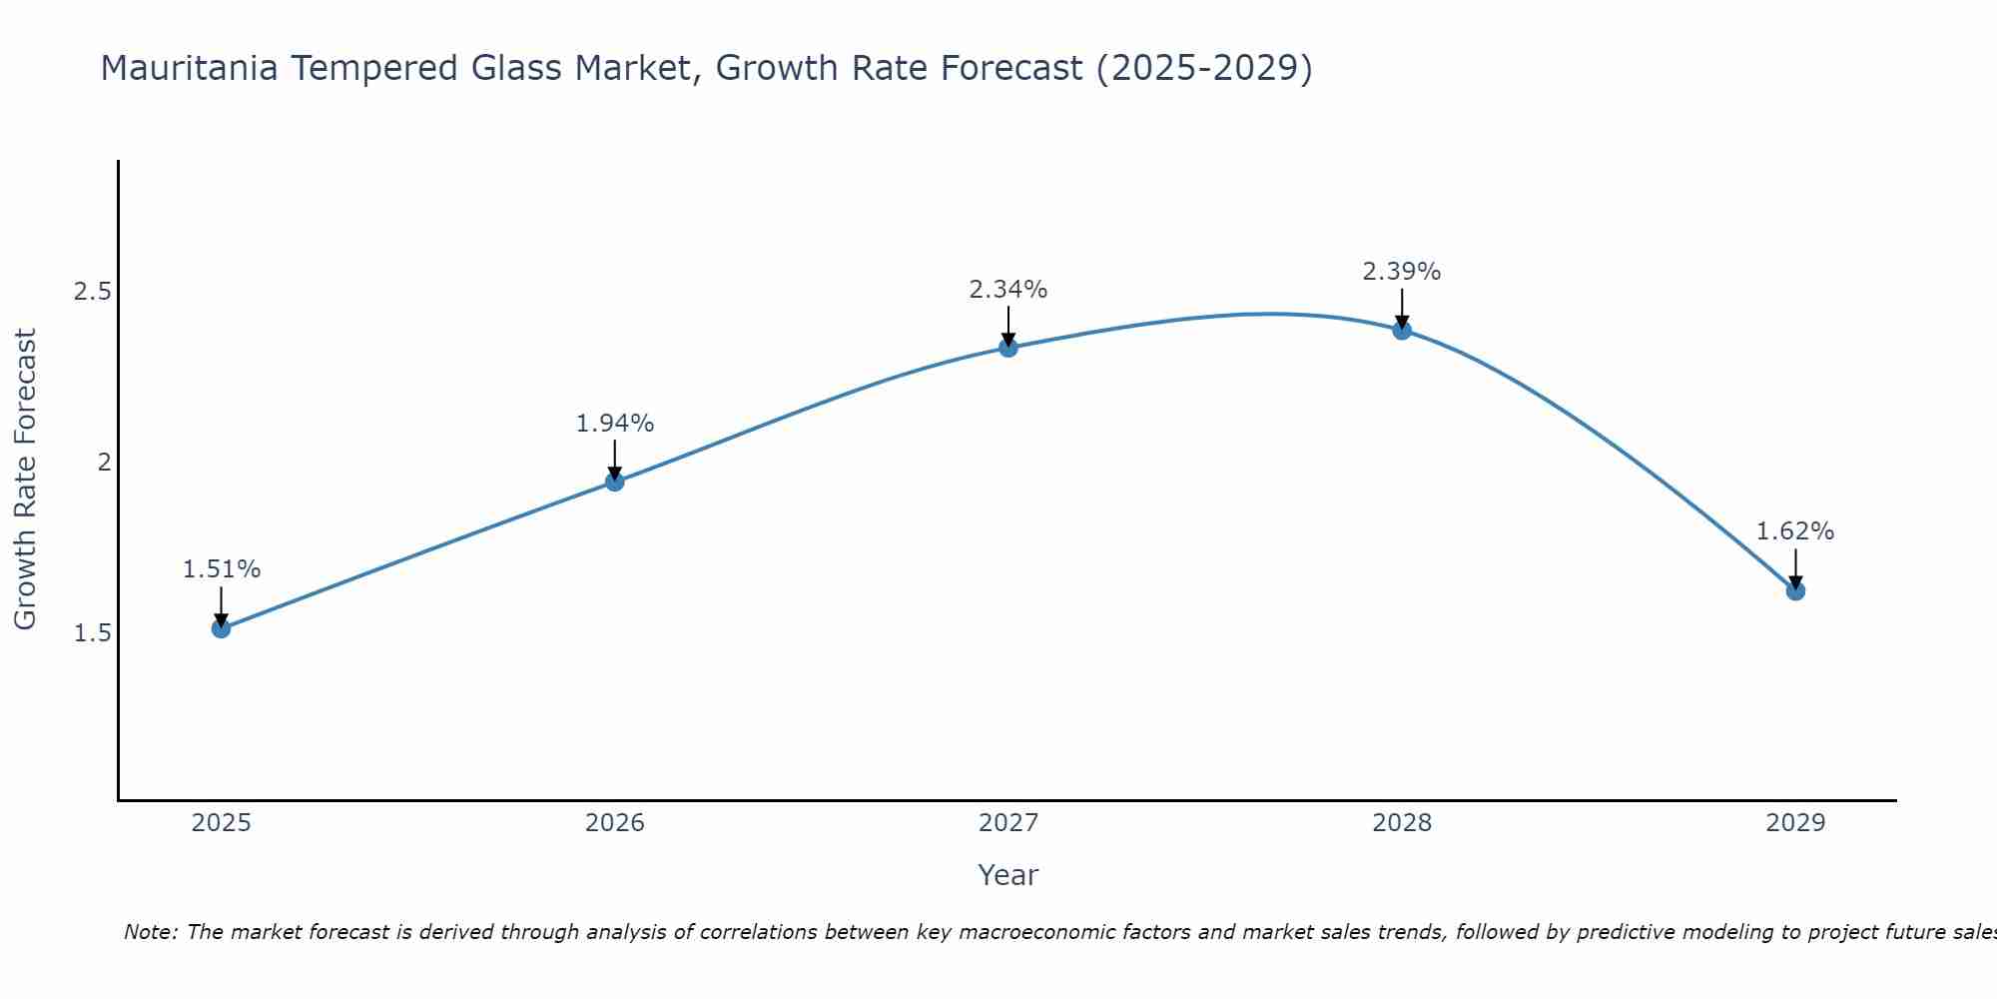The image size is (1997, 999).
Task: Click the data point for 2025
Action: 221,628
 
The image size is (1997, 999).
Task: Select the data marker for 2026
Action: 615,482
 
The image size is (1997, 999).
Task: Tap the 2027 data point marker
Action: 1008,348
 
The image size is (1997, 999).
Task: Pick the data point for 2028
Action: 1402,330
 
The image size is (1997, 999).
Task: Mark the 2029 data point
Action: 1795,591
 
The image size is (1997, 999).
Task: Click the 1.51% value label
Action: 221,569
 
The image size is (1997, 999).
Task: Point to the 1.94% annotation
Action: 615,424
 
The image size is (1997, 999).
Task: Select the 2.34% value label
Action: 1008,290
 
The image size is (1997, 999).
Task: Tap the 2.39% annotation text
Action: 1402,272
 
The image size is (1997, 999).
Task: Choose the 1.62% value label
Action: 1795,531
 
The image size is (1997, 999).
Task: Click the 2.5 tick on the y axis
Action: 93,292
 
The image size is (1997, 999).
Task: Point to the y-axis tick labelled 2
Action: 104,463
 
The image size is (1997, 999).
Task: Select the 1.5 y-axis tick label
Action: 93,633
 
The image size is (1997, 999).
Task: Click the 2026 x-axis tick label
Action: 615,823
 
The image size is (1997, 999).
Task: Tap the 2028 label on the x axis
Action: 1402,823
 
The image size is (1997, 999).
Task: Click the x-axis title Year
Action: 1008,875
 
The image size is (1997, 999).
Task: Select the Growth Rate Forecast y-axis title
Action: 26,480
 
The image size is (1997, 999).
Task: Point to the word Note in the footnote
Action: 149,932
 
